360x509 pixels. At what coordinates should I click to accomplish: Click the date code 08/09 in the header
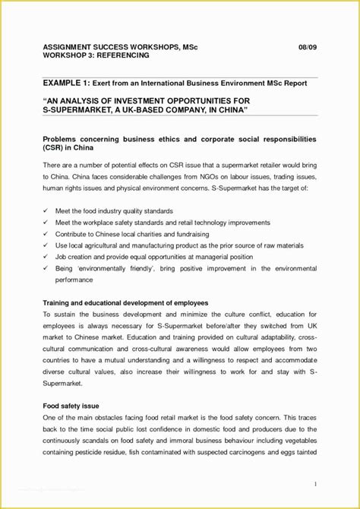coord(307,47)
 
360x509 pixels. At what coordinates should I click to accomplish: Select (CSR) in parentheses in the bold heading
coord(54,150)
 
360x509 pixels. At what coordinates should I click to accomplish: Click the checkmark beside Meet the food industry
coord(47,210)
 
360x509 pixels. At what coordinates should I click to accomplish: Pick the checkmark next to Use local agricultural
coord(47,246)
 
